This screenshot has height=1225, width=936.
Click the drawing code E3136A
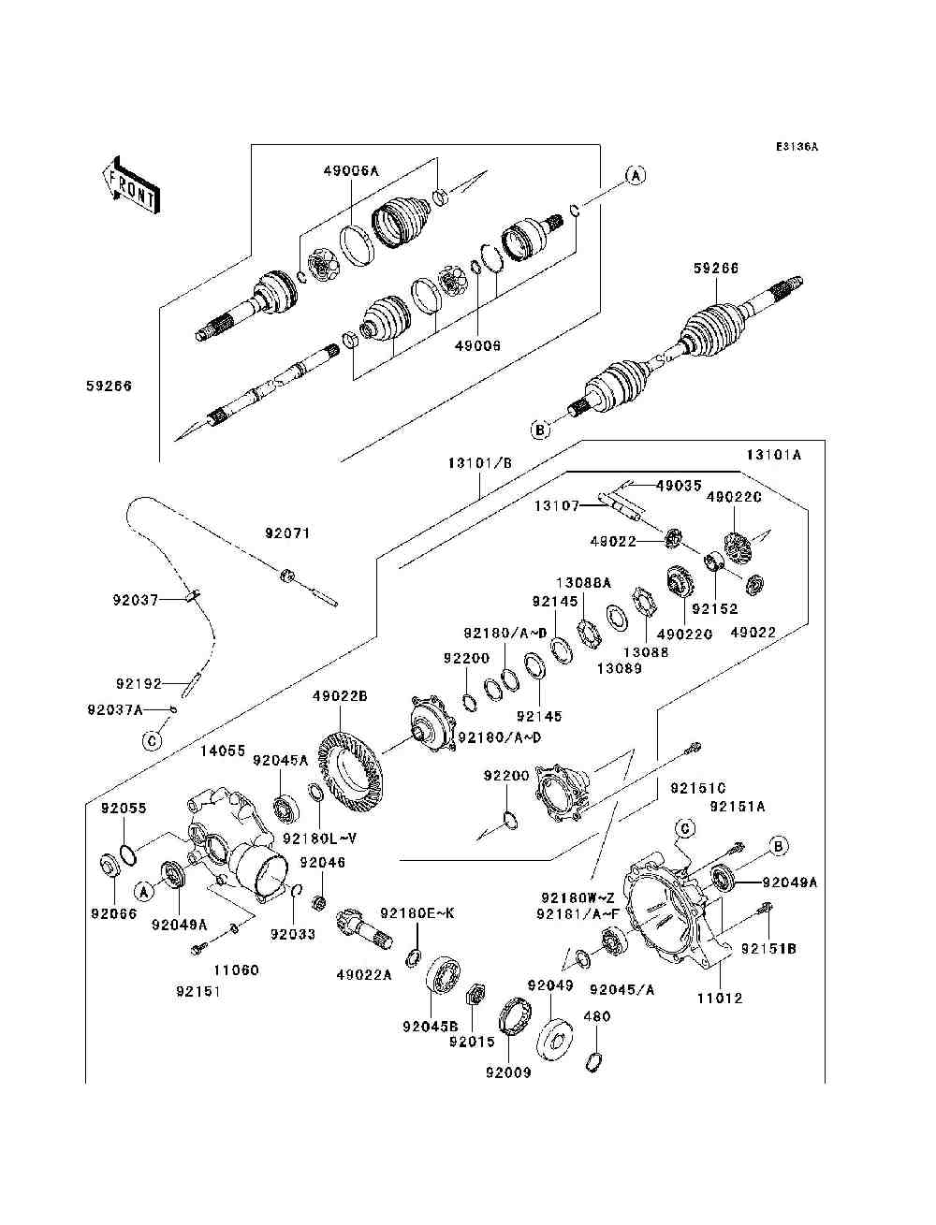[797, 147]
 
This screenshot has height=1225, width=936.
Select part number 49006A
[352, 170]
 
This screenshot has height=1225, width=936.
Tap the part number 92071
[286, 533]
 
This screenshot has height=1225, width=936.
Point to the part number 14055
[223, 751]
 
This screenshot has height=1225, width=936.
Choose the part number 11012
[719, 998]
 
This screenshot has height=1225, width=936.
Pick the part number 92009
[508, 1072]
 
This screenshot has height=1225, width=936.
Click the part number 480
[596, 1016]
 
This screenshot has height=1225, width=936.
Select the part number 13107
[556, 506]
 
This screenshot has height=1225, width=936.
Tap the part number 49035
[678, 486]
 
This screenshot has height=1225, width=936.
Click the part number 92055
[124, 808]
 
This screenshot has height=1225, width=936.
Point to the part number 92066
[113, 914]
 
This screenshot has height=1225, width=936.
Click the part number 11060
[236, 970]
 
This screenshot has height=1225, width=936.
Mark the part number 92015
[472, 1041]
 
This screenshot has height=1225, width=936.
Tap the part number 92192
[139, 684]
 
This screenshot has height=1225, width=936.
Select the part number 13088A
[583, 582]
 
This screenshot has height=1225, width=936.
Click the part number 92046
[322, 862]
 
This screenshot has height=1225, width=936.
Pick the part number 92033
[293, 933]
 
